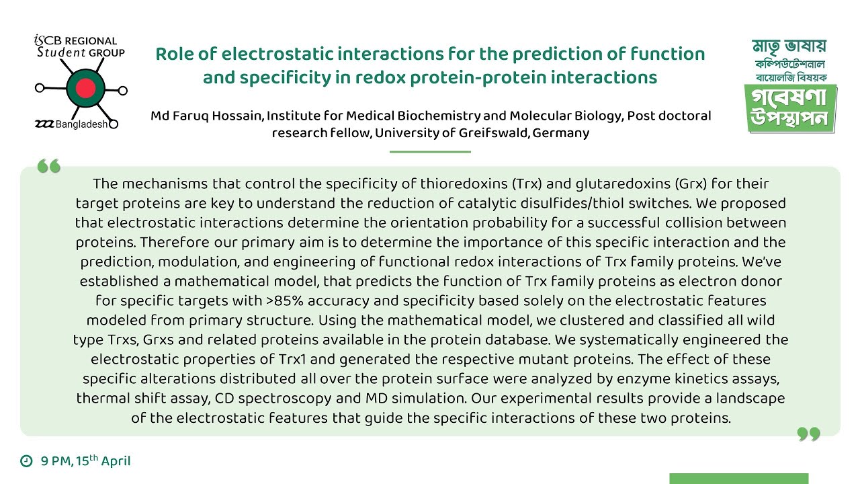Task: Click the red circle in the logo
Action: (86, 87)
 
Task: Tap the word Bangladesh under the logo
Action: (81, 124)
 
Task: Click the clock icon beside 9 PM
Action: (27, 461)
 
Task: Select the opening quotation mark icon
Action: (49, 166)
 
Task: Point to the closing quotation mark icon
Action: (809, 435)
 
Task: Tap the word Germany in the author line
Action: (561, 132)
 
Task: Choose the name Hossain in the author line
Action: (235, 116)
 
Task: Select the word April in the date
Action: (116, 461)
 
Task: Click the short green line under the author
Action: (430, 152)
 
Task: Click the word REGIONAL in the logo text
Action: (91, 42)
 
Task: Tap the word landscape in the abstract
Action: (746, 398)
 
